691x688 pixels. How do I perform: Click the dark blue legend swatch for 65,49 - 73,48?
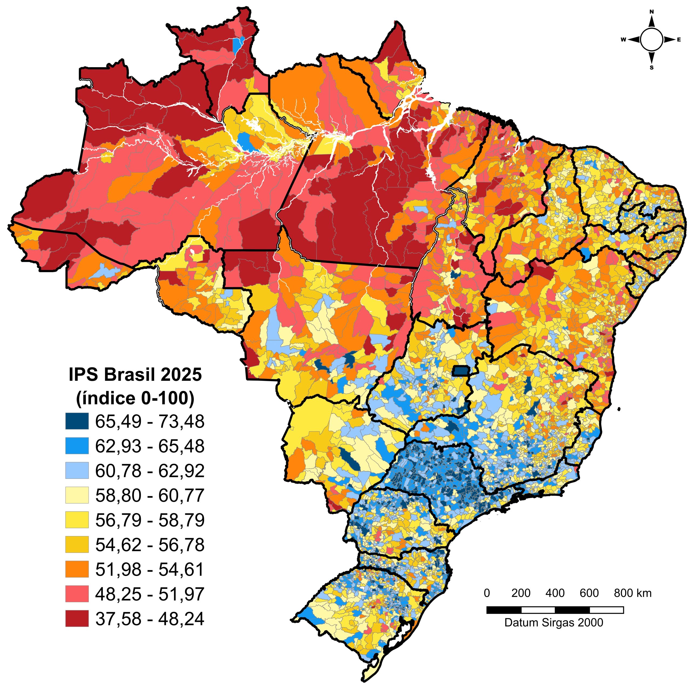click(x=77, y=421)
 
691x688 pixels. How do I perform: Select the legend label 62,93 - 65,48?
click(x=150, y=446)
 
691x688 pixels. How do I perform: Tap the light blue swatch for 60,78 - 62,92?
click(x=77, y=470)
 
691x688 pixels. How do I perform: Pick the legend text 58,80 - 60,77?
click(x=150, y=496)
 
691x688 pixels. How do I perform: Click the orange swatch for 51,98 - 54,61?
click(x=77, y=569)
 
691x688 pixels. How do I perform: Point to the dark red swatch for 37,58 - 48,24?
click(x=77, y=619)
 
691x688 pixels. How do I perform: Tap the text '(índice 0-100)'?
click(x=135, y=398)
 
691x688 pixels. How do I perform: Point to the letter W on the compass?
click(x=623, y=40)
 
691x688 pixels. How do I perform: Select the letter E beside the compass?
click(x=679, y=40)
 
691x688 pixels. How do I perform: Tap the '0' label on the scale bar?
click(x=487, y=593)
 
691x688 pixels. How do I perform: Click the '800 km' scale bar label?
click(x=633, y=593)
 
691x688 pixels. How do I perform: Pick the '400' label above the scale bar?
click(x=555, y=593)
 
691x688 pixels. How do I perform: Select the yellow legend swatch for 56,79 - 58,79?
click(x=77, y=520)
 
